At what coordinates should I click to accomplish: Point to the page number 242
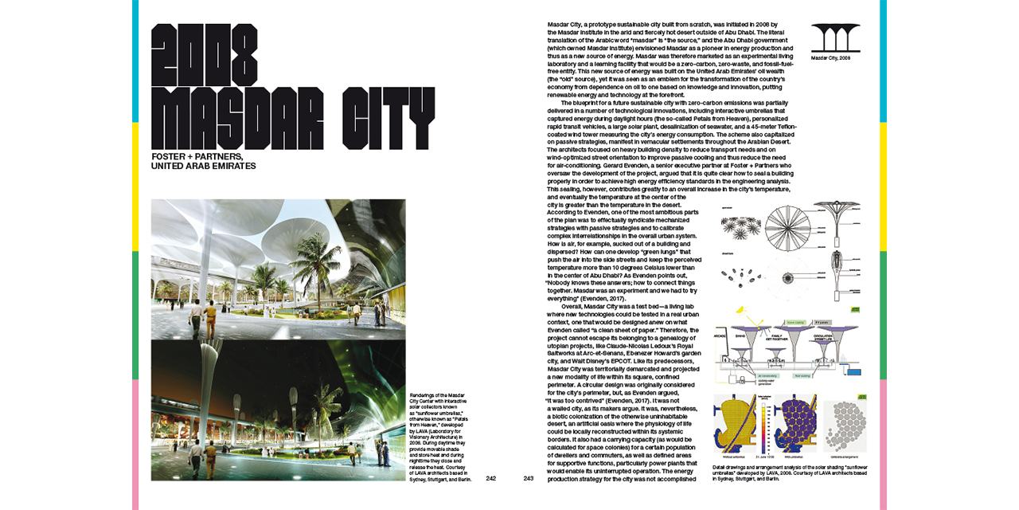(x=491, y=478)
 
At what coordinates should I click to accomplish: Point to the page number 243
(x=529, y=478)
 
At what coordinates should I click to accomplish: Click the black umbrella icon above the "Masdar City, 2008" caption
(x=835, y=37)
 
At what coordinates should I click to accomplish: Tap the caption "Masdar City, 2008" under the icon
(x=831, y=58)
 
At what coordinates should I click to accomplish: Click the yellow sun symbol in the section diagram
(x=740, y=310)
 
